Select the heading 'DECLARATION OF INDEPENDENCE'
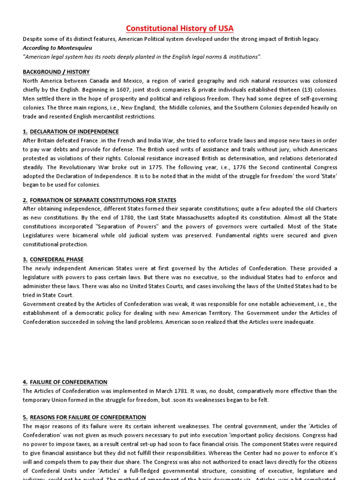coord(75,132)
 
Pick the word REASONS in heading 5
coord(45,417)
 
